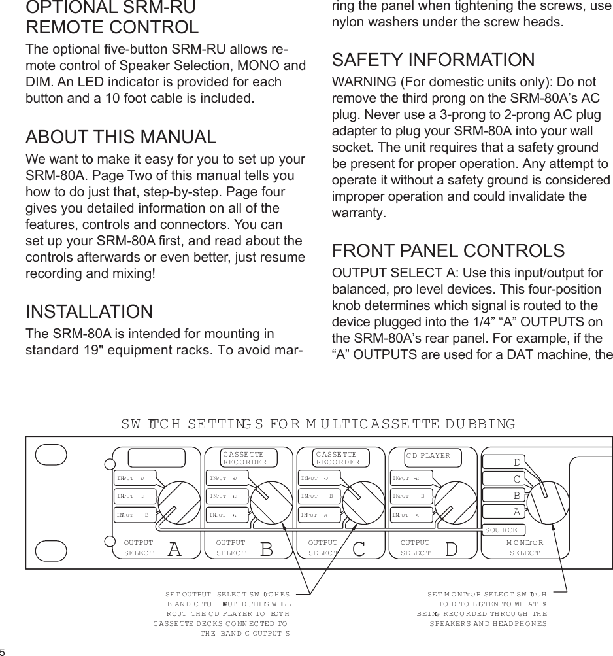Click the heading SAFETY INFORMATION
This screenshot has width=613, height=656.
pyautogui.click(x=433, y=60)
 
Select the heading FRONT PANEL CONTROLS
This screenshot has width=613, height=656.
pyautogui.click(x=448, y=251)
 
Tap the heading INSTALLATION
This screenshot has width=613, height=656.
pyautogui.click(x=89, y=311)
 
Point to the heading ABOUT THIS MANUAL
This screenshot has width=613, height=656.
pyautogui.click(x=121, y=137)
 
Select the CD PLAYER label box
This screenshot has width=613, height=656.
pyautogui.click(x=433, y=457)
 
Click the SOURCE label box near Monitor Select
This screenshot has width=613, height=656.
pyautogui.click(x=502, y=530)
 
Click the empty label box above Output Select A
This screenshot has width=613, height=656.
pyautogui.click(x=156, y=458)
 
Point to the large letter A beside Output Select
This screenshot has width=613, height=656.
pyautogui.click(x=174, y=549)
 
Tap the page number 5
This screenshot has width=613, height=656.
pyautogui.click(x=3, y=651)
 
